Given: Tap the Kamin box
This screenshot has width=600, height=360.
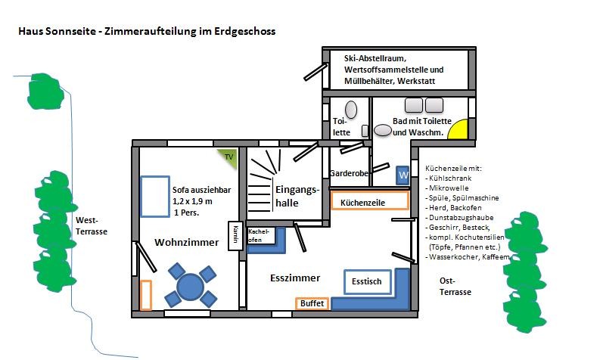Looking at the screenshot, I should point(235,234).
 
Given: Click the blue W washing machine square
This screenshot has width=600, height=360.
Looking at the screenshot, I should point(403,175).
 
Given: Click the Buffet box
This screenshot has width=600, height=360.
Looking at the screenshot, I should point(312,303).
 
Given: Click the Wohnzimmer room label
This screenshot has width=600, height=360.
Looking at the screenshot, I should point(186,243).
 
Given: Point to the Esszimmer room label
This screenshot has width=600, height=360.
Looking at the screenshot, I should point(295,278).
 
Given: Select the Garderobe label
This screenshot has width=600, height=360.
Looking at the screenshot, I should point(348,173).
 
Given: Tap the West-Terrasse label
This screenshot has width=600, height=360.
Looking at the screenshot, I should point(91,226).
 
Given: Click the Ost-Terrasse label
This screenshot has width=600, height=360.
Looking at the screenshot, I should point(455,286).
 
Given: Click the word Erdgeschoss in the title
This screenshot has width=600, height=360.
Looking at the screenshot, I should point(245,32).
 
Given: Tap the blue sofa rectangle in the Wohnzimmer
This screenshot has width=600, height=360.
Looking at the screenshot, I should point(154,195).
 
